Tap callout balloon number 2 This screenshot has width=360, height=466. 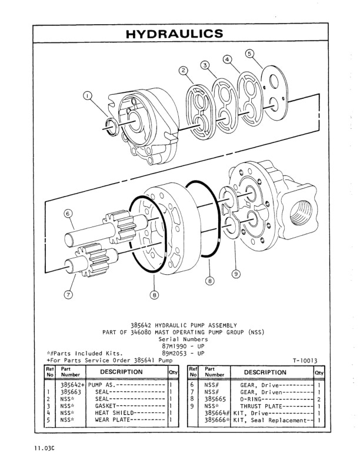click(184, 71)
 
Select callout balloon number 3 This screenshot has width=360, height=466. click(205, 65)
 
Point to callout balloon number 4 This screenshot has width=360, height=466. click(228, 59)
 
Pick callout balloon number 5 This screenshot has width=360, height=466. click(250, 54)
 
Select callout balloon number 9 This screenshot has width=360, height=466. click(235, 273)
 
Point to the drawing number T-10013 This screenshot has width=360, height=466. click(305, 361)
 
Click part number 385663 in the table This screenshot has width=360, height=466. click(72, 391)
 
